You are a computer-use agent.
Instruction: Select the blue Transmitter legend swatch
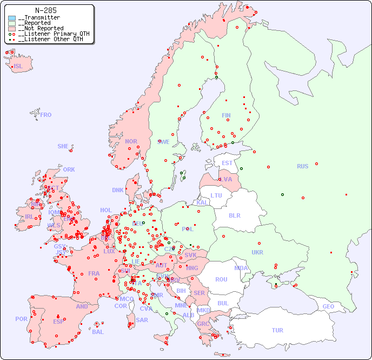pos(12,18)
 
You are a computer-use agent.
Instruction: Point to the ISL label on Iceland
pos(18,67)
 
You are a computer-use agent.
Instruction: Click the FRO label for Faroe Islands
pos(46,115)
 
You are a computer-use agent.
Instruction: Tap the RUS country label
pos(302,166)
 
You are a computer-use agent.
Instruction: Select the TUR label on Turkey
pos(277,330)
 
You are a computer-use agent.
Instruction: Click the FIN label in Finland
pos(226,115)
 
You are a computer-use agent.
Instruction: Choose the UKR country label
pos(257,252)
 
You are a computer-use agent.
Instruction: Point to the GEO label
pos(328,306)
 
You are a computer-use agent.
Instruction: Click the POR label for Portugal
pos(21,319)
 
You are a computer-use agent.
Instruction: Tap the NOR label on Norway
pos(131,141)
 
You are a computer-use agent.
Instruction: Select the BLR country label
pos(235,215)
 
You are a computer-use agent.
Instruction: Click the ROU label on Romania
pos(221,279)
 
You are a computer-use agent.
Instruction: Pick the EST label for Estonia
pos(227,163)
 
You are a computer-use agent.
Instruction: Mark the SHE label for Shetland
pos(63,146)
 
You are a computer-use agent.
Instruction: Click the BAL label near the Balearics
pos(98,332)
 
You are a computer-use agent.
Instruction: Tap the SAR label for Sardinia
pos(142,320)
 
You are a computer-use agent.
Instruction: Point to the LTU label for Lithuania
pos(216,195)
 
